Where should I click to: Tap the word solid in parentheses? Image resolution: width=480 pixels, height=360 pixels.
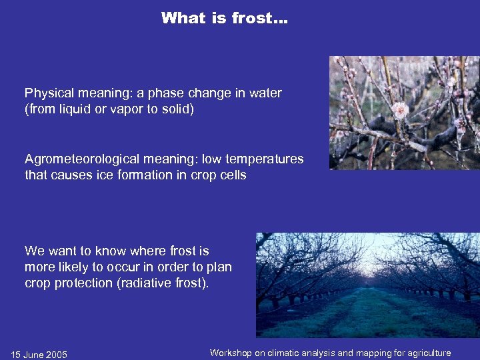tap(176, 109)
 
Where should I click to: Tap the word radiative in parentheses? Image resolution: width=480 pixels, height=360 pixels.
tap(145, 283)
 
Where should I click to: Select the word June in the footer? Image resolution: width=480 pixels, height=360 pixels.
tap(33, 355)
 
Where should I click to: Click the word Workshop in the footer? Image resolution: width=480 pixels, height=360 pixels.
tap(230, 353)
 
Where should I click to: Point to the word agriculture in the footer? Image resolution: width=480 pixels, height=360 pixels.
tap(427, 353)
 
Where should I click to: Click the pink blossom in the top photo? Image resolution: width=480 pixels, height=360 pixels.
tap(400, 109)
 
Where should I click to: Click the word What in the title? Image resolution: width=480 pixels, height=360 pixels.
tap(184, 18)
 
